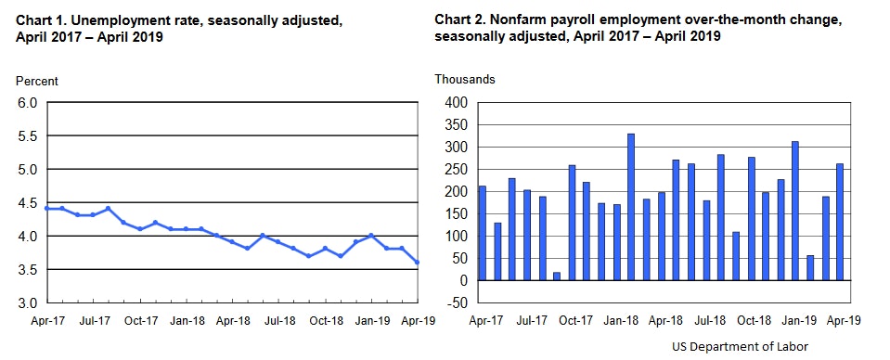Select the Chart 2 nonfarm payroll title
click(x=640, y=28)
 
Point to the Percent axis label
click(x=38, y=81)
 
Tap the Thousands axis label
click(x=465, y=79)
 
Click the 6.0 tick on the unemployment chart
click(x=28, y=103)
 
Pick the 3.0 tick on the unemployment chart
click(x=28, y=303)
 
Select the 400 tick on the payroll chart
click(x=460, y=103)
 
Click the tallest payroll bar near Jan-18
click(x=631, y=207)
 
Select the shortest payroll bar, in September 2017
click(x=556, y=276)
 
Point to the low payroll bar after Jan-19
click(x=811, y=267)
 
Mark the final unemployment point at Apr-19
click(x=417, y=263)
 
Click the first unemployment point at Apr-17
click(x=46, y=209)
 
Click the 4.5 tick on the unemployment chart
click(x=28, y=203)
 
